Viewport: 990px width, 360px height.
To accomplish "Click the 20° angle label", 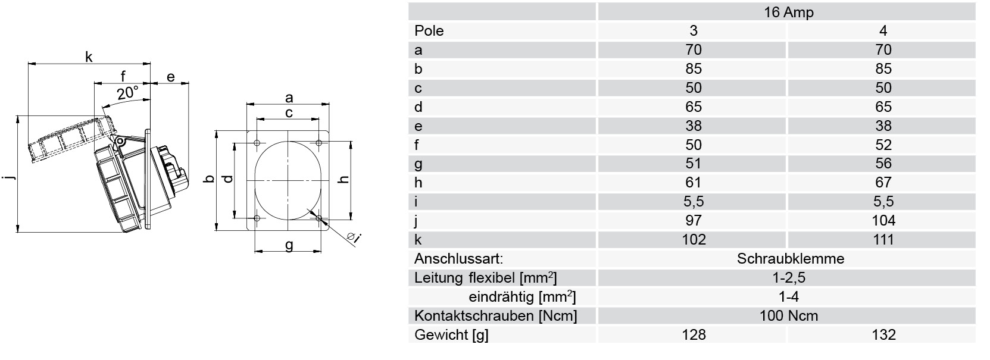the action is click(x=128, y=93).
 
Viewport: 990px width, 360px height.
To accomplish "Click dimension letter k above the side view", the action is click(x=89, y=57).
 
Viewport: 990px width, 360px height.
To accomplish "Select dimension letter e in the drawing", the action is click(x=171, y=77).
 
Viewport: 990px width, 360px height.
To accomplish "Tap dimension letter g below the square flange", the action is click(x=289, y=245).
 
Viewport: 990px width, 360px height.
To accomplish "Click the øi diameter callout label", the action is click(x=354, y=237).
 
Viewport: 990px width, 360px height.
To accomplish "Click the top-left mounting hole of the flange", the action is click(x=257, y=143).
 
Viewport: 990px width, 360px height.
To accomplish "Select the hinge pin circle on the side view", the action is click(x=118, y=141).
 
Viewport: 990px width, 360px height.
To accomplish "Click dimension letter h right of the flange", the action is click(x=344, y=180).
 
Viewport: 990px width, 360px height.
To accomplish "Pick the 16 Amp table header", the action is click(x=789, y=12).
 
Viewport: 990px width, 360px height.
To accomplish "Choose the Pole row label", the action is click(x=429, y=31).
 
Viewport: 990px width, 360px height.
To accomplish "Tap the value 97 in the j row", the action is click(x=694, y=220).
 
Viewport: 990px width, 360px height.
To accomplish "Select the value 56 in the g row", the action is click(x=883, y=164).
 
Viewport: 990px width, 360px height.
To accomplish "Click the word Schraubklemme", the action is click(x=790, y=258).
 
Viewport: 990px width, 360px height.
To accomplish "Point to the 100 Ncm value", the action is click(x=789, y=316).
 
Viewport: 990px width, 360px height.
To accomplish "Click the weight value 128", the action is click(x=694, y=335).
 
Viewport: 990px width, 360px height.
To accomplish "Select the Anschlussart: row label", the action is click(x=458, y=258).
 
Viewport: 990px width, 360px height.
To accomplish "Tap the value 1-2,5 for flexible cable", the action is click(x=789, y=278).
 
